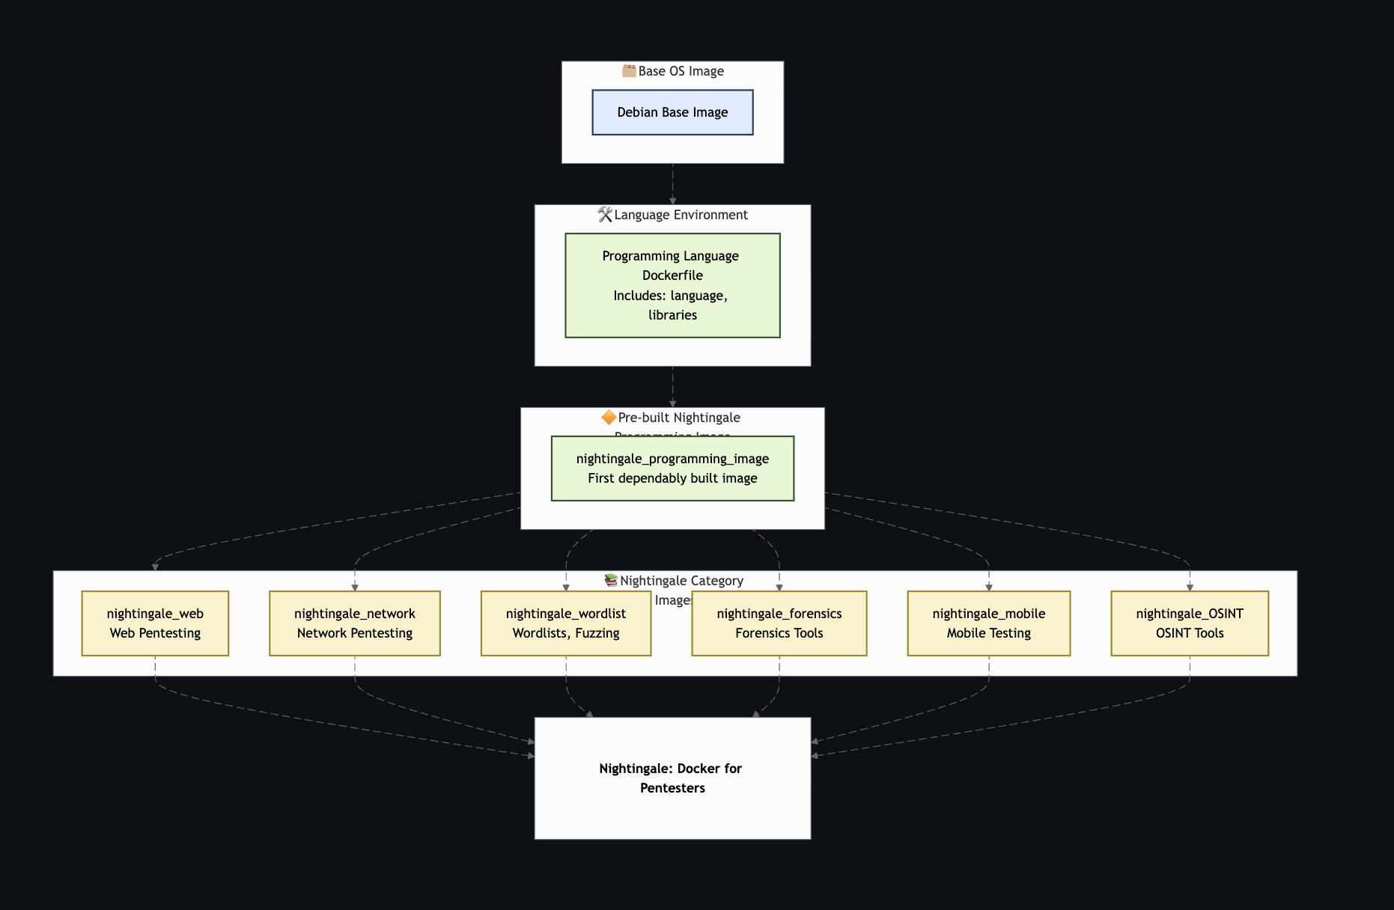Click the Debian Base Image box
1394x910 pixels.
pos(672,112)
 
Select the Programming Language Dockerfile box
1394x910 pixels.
pos(672,285)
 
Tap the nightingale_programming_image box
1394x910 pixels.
pos(672,468)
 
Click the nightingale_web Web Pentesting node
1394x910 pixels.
pos(155,623)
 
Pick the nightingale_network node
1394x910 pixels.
pos(355,623)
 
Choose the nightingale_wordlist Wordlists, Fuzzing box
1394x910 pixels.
pos(566,623)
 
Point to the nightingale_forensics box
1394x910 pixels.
pos(779,623)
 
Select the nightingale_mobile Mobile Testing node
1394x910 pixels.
pos(989,623)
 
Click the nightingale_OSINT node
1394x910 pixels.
pos(1190,623)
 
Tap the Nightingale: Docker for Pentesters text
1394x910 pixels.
pos(672,778)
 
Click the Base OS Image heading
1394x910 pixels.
pos(681,71)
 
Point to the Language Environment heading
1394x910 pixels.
pos(681,215)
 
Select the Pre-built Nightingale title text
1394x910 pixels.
pos(679,418)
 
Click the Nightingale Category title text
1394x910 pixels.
pos(681,581)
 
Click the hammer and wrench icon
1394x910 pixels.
pos(605,215)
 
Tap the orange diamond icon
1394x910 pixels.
pos(609,417)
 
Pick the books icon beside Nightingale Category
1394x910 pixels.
pos(611,580)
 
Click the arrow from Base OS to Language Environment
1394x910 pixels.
pos(672,184)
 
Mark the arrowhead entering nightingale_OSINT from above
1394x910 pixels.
pos(1190,587)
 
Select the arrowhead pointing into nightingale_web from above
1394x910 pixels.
pos(155,567)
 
